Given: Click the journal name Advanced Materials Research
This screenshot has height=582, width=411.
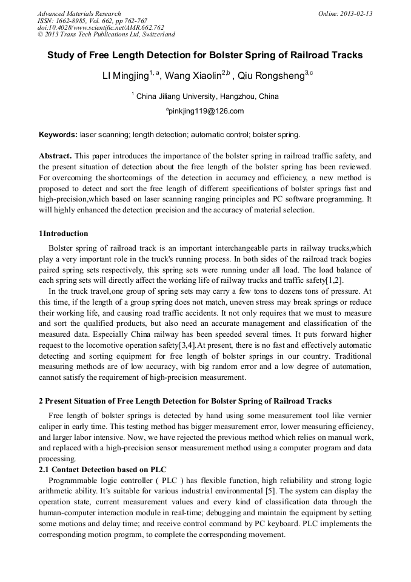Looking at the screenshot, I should tap(79, 13).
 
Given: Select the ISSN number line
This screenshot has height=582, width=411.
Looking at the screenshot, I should tap(92, 21).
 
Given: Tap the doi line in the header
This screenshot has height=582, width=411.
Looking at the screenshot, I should tap(101, 27).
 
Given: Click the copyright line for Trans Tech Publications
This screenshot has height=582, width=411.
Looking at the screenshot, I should tap(106, 35).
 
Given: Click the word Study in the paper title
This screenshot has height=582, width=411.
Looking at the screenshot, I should tap(61, 55).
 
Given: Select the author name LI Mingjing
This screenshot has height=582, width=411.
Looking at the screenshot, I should tap(125, 76).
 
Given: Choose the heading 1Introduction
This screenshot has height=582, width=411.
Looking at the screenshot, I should tap(64, 234).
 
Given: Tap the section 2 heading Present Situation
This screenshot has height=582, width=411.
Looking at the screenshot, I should tap(185, 401).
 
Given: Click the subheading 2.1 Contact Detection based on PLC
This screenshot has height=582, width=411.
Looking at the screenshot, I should tap(102, 470).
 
